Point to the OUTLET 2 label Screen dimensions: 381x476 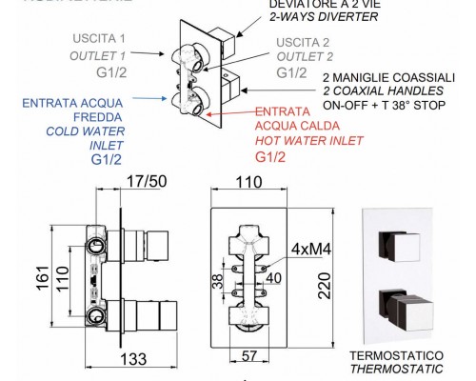click(x=305, y=55)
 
